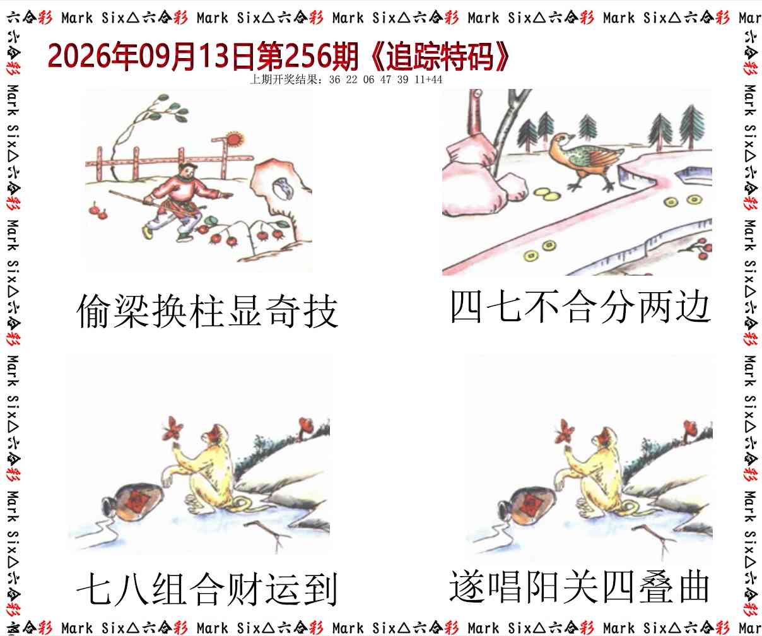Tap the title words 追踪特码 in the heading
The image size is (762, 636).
[x=440, y=57]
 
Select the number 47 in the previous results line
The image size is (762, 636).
[x=386, y=79]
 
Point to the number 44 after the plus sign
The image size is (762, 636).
[x=437, y=79]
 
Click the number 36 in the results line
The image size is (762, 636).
[x=335, y=79]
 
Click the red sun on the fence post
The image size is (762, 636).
[x=235, y=139]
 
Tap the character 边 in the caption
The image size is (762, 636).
[x=693, y=306]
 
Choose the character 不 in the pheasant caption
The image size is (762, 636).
[x=542, y=306]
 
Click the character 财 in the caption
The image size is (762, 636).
[x=245, y=589]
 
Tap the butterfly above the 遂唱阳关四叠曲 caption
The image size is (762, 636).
[x=563, y=431]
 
